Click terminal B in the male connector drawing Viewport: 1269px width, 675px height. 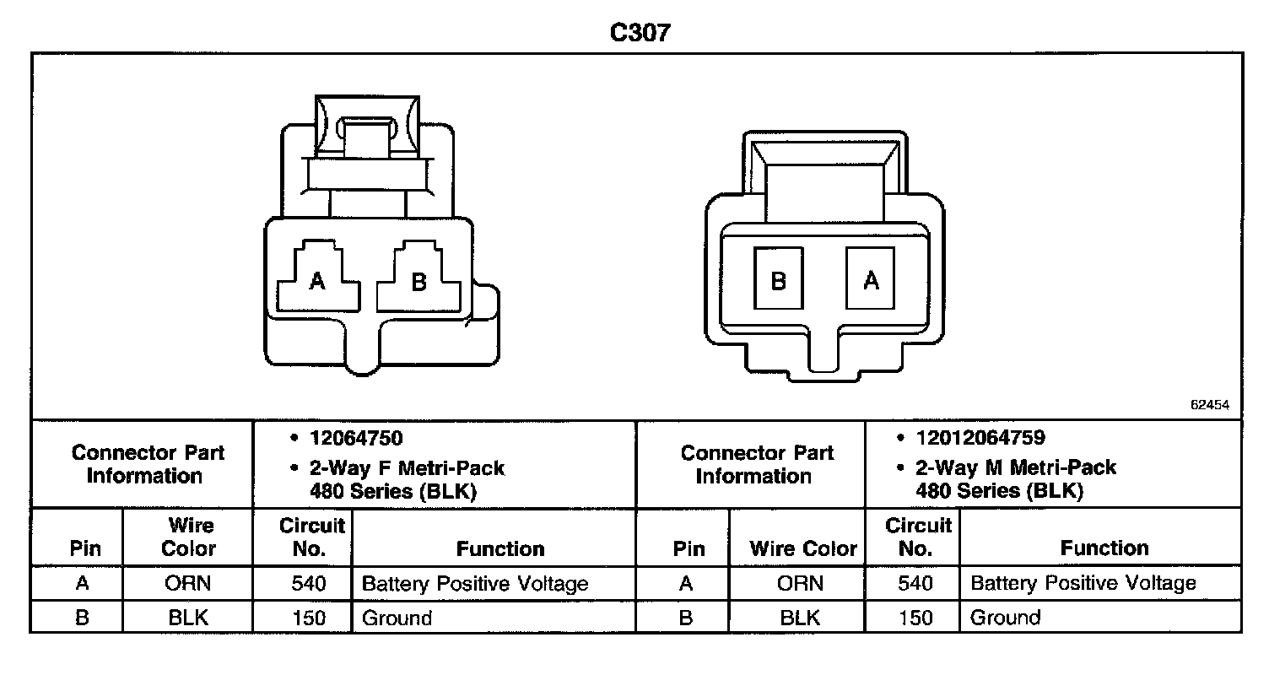click(779, 279)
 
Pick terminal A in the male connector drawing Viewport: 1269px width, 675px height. click(872, 279)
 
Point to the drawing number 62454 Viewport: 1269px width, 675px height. click(1210, 405)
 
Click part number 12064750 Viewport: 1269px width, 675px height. click(356, 438)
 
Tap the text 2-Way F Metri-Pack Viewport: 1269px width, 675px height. click(408, 467)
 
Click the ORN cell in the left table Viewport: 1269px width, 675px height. click(188, 583)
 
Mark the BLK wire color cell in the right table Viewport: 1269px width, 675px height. click(800, 618)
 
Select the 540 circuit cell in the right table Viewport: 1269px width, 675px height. click(915, 583)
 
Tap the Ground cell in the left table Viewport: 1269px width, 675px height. click(397, 618)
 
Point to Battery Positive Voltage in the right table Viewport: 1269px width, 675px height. click(1083, 583)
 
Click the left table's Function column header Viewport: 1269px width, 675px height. click(500, 548)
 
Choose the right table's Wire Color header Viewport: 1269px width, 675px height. click(802, 548)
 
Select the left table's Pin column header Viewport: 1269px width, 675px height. click(85, 548)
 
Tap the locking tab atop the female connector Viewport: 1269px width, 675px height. click(366, 135)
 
